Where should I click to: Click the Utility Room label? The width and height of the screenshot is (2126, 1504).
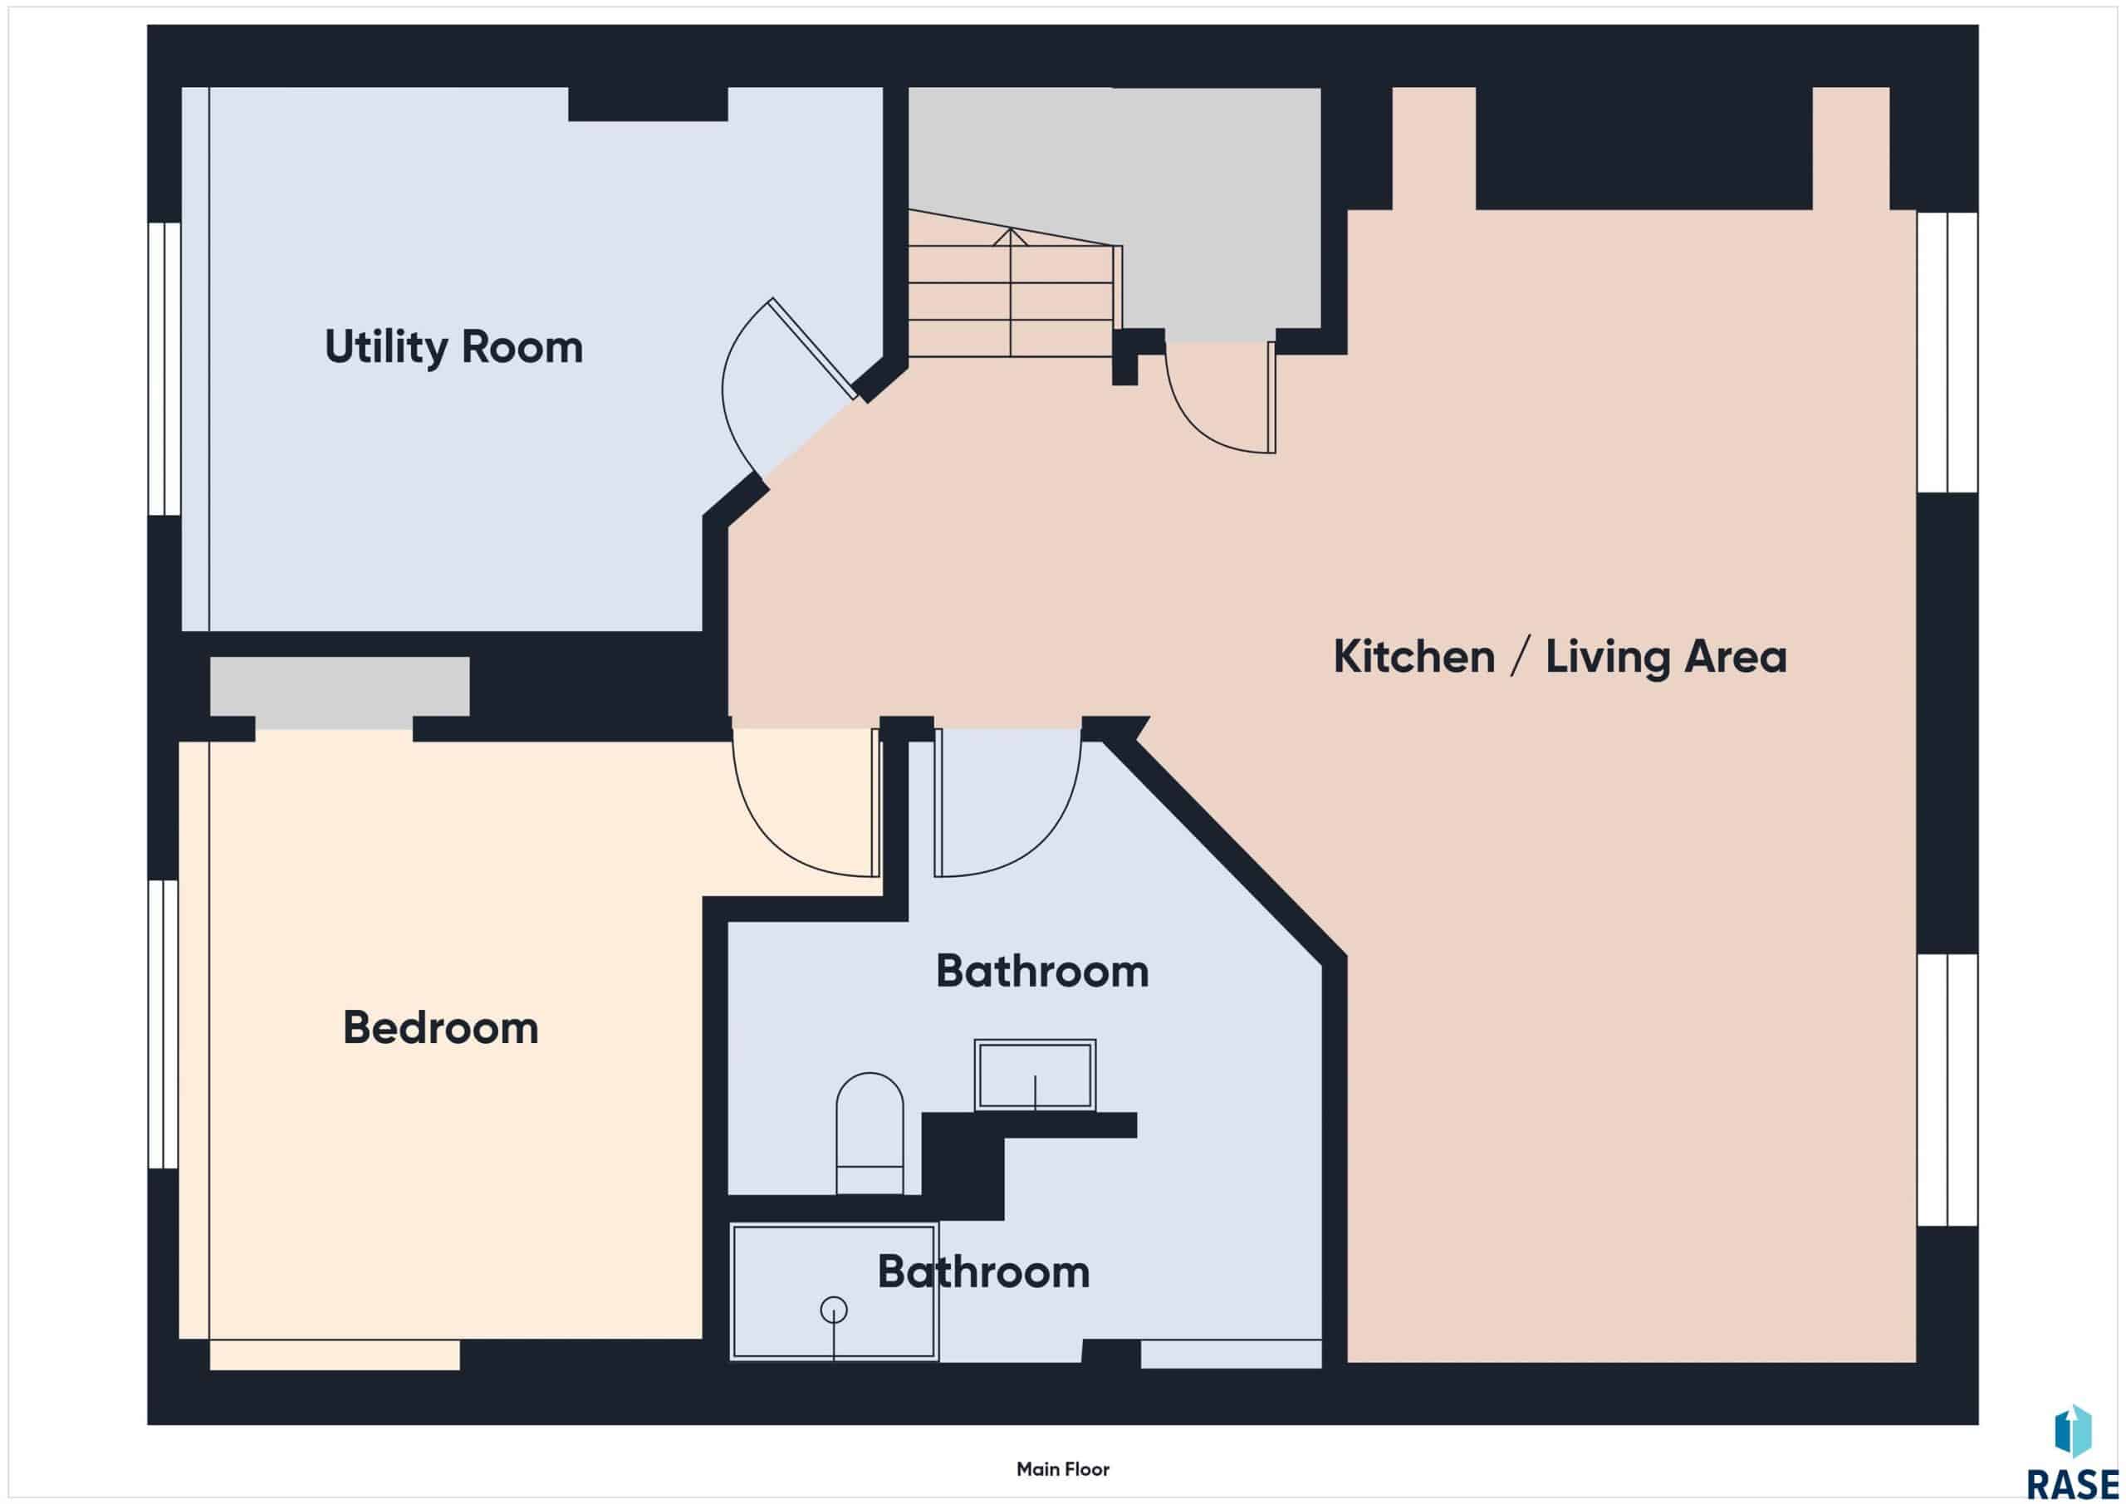[x=453, y=348]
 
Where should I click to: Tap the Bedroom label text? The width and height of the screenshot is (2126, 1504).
[x=441, y=1028]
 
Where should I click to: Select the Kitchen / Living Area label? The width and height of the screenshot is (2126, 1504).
[x=1560, y=657]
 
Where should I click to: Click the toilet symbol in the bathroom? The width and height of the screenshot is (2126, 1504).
[x=870, y=1134]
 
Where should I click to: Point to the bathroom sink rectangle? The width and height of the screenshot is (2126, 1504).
[x=1036, y=1075]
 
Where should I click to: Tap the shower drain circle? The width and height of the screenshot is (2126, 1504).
[x=835, y=1310]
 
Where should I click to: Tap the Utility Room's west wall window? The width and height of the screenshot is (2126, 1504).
[x=164, y=369]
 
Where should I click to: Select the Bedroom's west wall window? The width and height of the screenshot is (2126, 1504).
[x=164, y=1024]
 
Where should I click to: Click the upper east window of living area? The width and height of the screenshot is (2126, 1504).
[x=1947, y=352]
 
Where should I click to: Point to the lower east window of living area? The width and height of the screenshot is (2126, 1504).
[x=1947, y=1090]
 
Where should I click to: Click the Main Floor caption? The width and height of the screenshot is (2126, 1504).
[x=1063, y=1469]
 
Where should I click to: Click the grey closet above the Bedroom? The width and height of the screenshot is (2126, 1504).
[x=340, y=686]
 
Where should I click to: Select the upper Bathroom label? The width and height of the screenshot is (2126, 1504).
[x=1041, y=972]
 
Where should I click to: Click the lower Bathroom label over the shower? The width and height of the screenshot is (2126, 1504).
[x=983, y=1272]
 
